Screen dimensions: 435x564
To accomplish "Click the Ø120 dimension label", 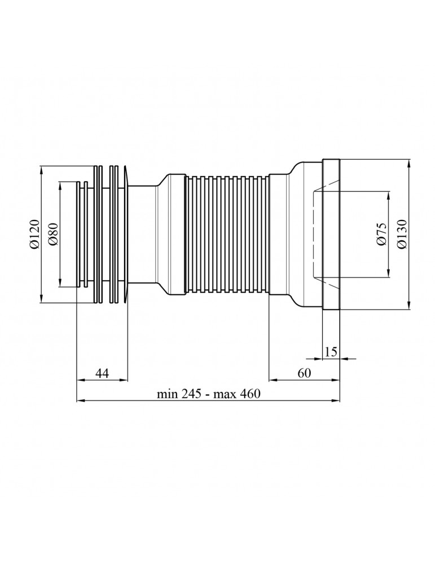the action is (34, 234).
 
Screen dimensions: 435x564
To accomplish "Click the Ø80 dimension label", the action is (52, 235).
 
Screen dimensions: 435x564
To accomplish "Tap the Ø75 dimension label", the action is (382, 235).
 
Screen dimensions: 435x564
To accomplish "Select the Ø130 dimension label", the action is (402, 234).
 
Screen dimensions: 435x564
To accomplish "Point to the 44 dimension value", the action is (102, 373).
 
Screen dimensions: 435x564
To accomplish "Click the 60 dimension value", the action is (304, 373).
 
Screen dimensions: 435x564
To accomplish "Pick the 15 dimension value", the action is (331, 351).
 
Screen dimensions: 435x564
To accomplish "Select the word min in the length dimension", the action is (168, 394).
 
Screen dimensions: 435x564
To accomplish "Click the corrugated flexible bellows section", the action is (227, 235).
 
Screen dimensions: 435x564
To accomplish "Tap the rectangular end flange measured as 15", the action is (331, 234).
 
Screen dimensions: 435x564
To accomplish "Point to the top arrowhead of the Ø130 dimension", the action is (410, 163).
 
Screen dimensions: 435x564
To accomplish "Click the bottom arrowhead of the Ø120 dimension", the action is (42, 298).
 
